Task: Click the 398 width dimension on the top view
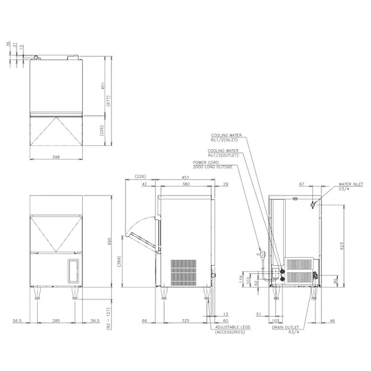point(57,158)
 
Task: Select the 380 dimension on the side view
point(185,184)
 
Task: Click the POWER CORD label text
point(205,162)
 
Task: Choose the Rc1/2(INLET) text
point(224,140)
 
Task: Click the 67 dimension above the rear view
point(301,184)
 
